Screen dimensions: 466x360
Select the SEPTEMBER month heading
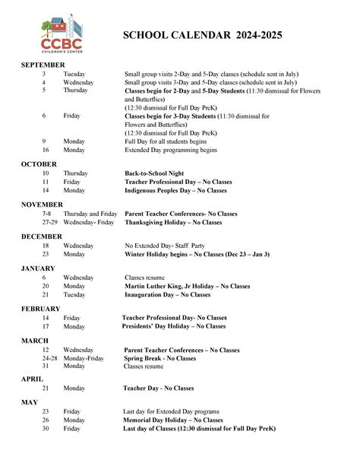pyautogui.click(x=43, y=65)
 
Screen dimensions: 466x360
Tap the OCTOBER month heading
pyautogui.click(x=39, y=164)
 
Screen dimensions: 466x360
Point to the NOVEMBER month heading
pyautogui.click(x=43, y=205)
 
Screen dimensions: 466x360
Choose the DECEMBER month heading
pyautogui.click(x=42, y=236)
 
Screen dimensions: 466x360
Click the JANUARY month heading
pyautogui.click(x=38, y=268)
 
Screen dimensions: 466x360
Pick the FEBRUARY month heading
pyautogui.click(x=41, y=309)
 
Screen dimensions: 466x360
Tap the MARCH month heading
pyautogui.click(x=35, y=340)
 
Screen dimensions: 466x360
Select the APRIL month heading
pyautogui.click(x=32, y=379)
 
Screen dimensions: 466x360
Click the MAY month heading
pyautogui.click(x=29, y=401)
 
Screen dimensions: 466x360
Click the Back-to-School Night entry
pyautogui.click(x=154, y=173)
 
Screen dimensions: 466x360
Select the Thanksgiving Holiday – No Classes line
pyautogui.click(x=173, y=222)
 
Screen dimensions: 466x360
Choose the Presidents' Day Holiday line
pyautogui.click(x=173, y=326)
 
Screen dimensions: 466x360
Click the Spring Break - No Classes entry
pyautogui.click(x=159, y=357)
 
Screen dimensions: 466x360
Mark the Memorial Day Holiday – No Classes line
pyautogui.click(x=173, y=420)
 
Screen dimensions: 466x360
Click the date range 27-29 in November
pyautogui.click(x=50, y=222)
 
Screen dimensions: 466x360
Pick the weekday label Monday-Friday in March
pyautogui.click(x=84, y=357)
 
